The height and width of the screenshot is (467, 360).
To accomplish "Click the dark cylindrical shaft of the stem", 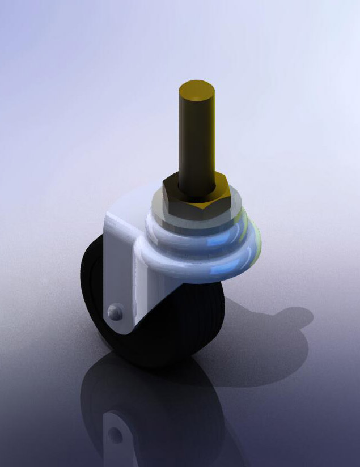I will pyautogui.click(x=196, y=142).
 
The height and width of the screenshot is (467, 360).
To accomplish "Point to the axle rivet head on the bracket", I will pyautogui.click(x=115, y=312).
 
